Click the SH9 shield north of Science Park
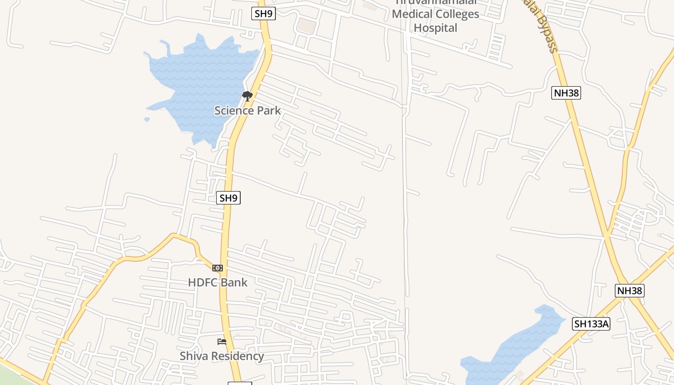pos(263,13)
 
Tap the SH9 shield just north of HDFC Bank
pos(228,198)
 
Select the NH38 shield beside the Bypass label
pos(566,93)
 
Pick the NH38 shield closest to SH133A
pos(630,291)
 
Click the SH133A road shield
pos(591,324)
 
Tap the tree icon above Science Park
pos(247,96)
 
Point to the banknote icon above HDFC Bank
pos(218,268)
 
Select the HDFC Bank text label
pos(218,282)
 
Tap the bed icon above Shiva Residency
pos(222,342)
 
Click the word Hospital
pos(435,28)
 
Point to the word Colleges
pos(455,14)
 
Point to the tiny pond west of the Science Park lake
pos(147,119)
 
